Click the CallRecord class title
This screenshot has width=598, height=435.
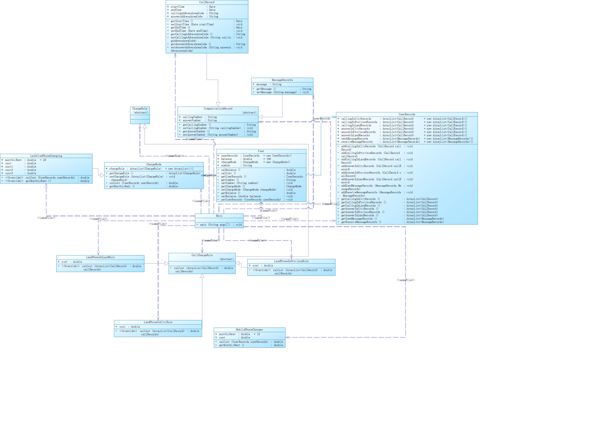[207, 2]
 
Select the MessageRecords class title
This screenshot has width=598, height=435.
[282, 80]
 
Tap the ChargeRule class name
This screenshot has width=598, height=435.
[140, 109]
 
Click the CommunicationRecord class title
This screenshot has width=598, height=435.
[218, 109]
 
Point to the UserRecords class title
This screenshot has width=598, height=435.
[407, 114]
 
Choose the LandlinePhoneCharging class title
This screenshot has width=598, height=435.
[46, 156]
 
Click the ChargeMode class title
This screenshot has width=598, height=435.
[154, 164]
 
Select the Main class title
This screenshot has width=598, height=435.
[219, 216]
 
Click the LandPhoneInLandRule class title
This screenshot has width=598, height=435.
[100, 257]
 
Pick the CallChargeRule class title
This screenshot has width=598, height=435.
[202, 255]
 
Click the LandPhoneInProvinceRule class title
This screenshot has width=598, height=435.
[291, 261]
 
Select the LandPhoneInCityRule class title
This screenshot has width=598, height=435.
[158, 322]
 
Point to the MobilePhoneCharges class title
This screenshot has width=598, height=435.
[249, 329]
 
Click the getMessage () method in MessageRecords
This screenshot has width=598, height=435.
[266, 89]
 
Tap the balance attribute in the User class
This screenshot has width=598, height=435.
[226, 159]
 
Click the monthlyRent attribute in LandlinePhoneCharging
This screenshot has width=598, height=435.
[13, 160]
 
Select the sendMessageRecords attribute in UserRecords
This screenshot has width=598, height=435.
[355, 139]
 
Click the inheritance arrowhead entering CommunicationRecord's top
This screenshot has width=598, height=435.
[218, 104]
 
